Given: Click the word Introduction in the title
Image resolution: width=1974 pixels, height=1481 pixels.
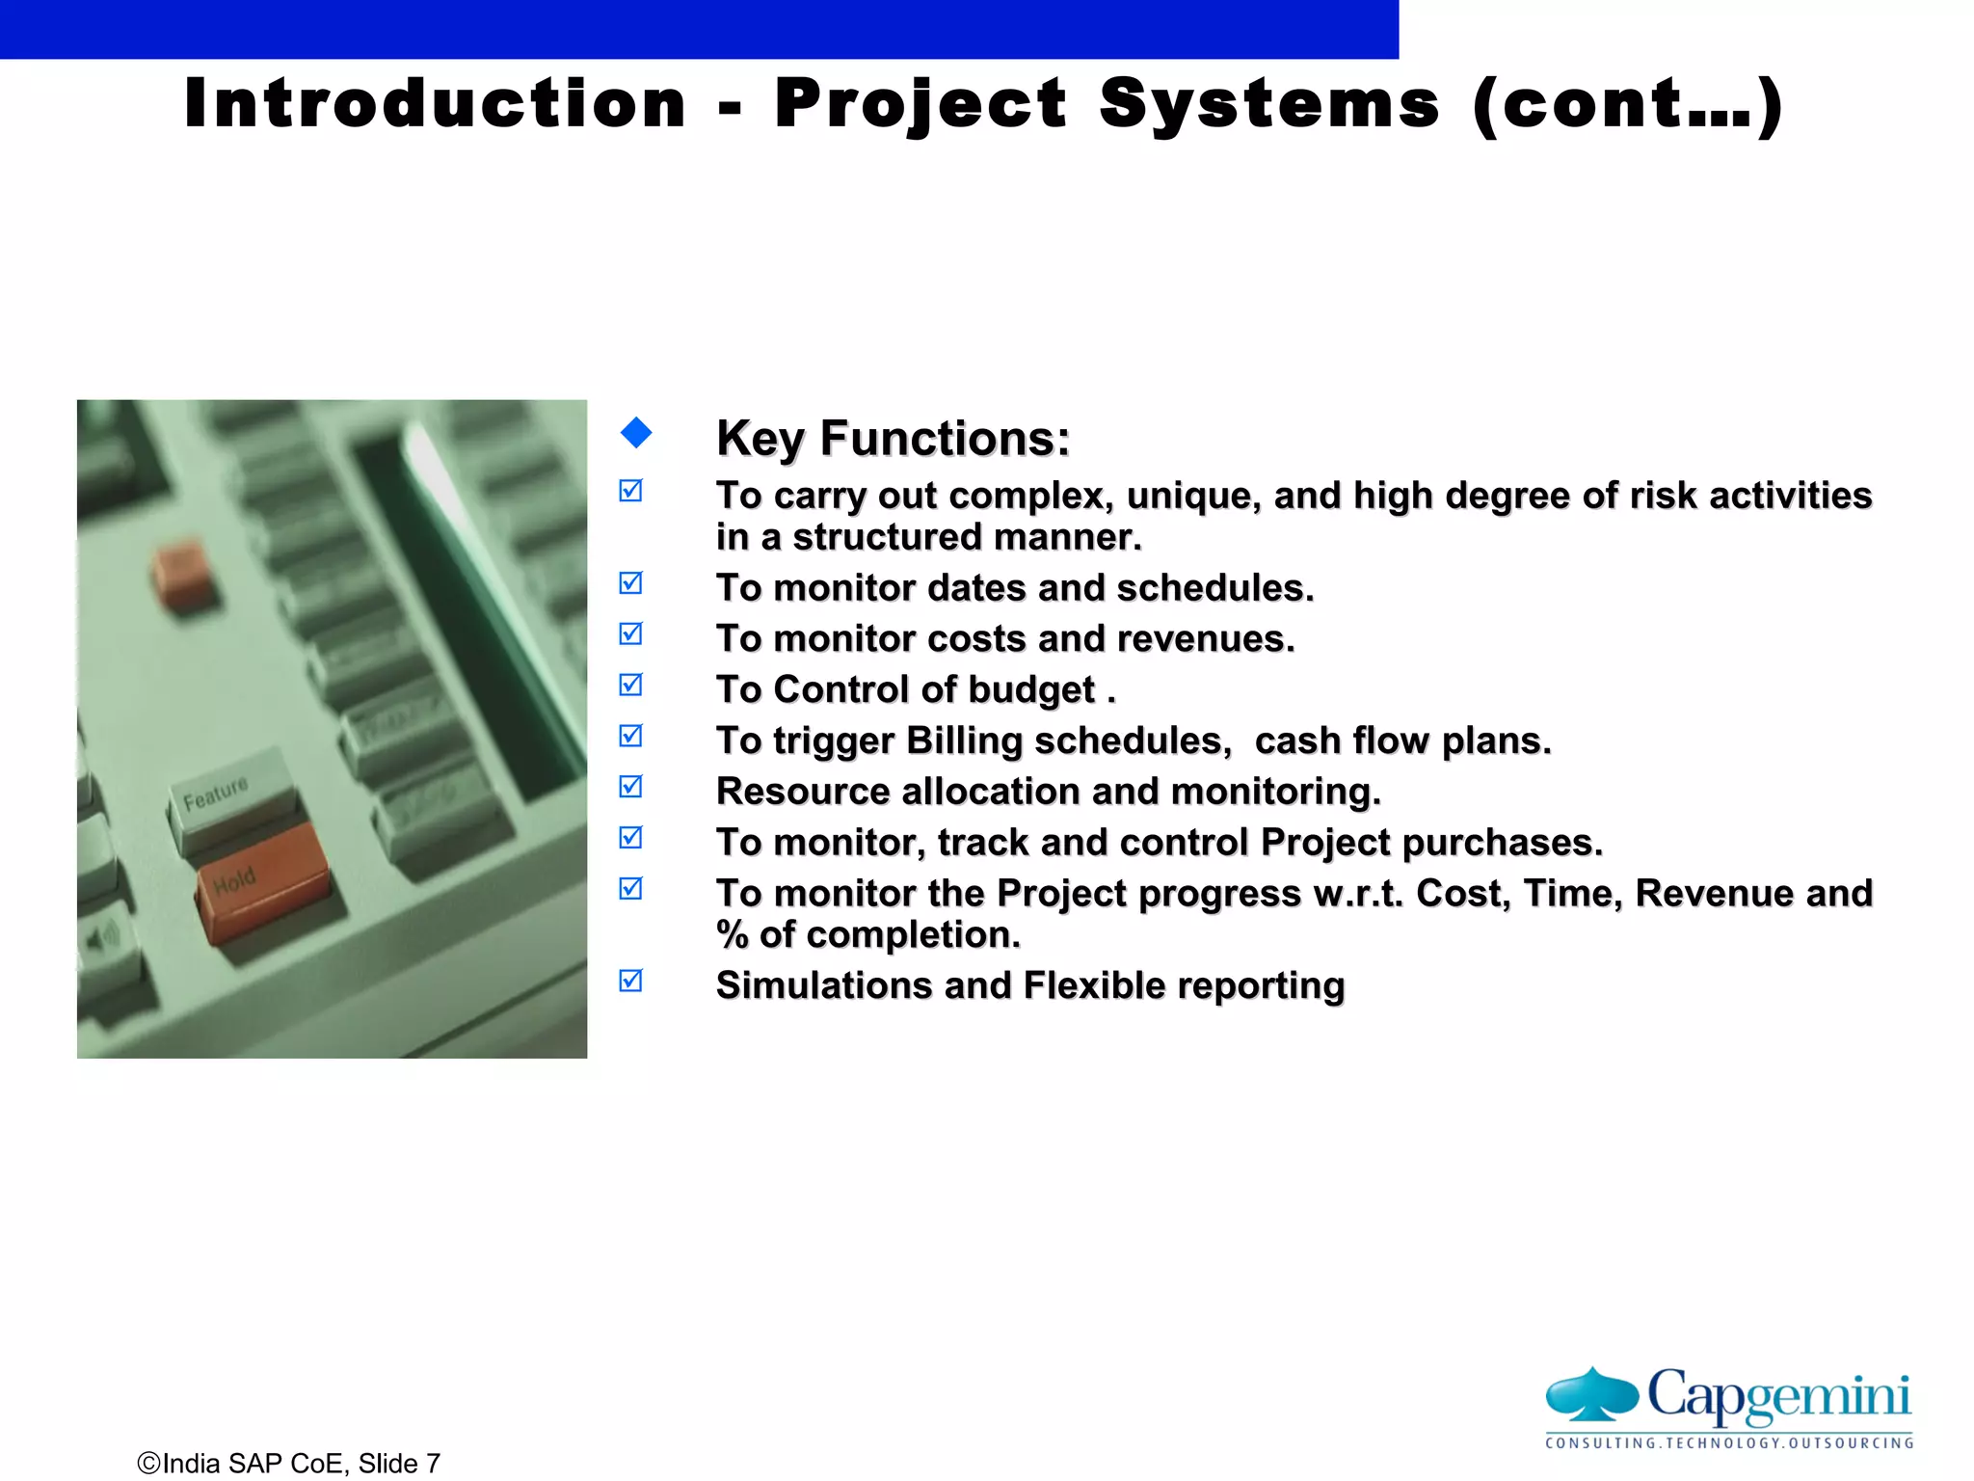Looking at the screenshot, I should tap(435, 103).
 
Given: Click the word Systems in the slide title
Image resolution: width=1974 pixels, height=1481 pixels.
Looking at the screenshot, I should tap(1269, 103).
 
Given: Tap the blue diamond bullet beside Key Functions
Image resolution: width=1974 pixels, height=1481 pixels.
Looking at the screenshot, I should tap(636, 433).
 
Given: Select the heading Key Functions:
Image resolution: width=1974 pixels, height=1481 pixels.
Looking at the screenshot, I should tap(893, 439).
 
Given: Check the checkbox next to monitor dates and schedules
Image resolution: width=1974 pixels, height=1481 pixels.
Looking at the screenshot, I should tap(631, 583).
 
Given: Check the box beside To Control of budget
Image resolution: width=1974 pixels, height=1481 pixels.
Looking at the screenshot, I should tap(631, 685).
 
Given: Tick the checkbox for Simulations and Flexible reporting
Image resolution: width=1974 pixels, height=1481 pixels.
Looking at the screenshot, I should tap(631, 981).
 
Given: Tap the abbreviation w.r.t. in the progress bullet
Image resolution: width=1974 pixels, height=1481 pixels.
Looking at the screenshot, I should tap(1357, 894).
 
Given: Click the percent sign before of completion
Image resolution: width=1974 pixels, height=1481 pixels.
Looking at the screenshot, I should tap(732, 935).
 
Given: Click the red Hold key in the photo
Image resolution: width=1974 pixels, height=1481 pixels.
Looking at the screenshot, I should tap(262, 880).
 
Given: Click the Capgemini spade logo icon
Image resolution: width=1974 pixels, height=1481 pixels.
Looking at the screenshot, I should tap(1592, 1395).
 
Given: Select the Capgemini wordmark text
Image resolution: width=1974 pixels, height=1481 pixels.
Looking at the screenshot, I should tap(1778, 1395).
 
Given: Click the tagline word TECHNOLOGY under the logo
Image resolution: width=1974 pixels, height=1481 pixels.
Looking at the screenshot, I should tap(1725, 1443).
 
